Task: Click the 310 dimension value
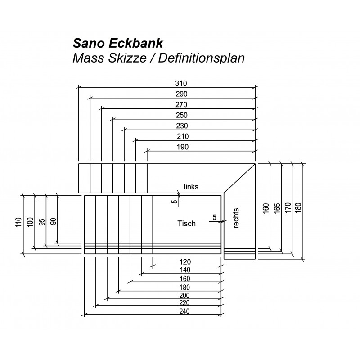point(181,83)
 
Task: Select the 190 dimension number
point(183,147)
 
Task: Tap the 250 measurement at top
point(182,115)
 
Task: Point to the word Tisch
point(186,223)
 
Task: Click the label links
point(191,187)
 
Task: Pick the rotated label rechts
point(236,218)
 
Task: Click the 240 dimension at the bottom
point(184,311)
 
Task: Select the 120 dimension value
point(185,262)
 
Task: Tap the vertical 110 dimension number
point(18,222)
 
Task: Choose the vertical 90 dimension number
point(53,221)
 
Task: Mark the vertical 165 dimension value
point(277,208)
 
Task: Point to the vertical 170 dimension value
point(288,208)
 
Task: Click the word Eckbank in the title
point(135,43)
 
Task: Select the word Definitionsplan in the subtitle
point(201,58)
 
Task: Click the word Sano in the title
point(89,43)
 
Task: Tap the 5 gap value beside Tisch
point(215,217)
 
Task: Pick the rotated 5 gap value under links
point(175,201)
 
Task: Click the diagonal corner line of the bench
point(239,178)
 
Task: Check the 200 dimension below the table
point(184,295)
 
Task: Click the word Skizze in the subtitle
point(127,58)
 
